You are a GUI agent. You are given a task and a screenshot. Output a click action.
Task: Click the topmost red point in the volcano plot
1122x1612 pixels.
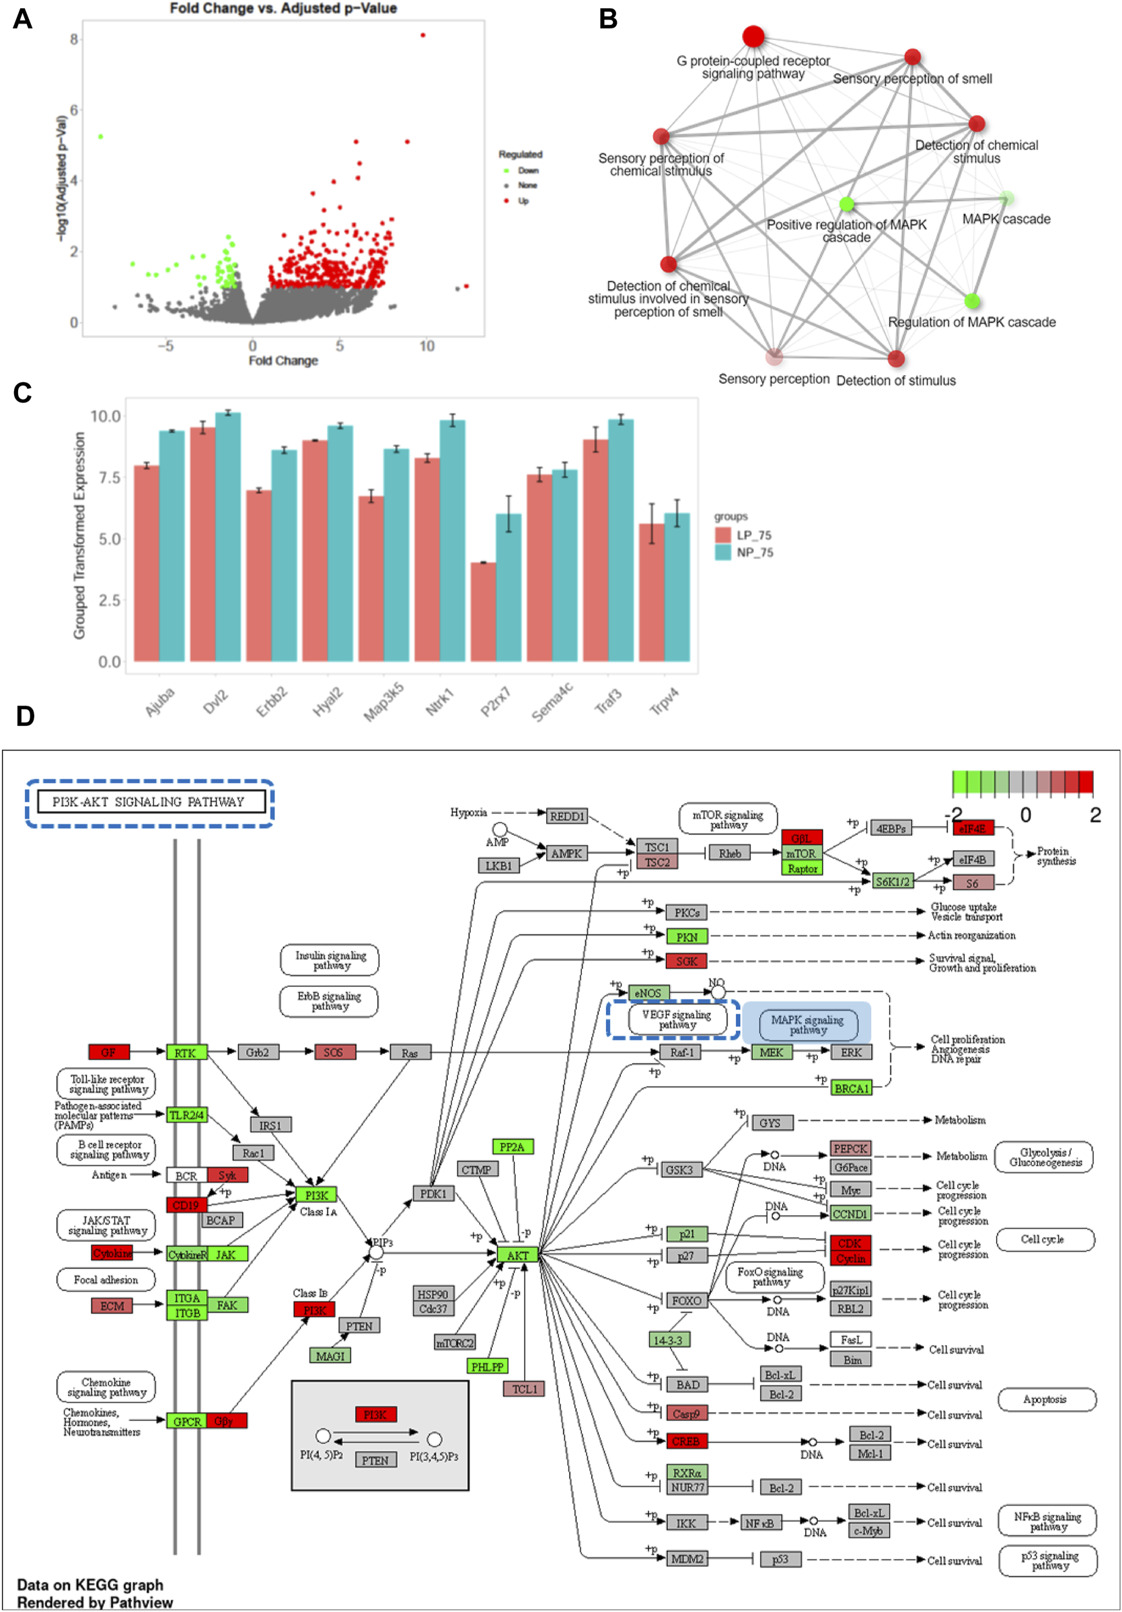click(x=422, y=35)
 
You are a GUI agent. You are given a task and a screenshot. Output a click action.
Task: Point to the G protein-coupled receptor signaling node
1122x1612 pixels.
click(x=753, y=36)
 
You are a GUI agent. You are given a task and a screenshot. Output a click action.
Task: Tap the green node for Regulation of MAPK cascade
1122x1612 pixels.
click(x=972, y=301)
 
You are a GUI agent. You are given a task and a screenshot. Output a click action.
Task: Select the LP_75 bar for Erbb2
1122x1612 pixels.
click(x=258, y=576)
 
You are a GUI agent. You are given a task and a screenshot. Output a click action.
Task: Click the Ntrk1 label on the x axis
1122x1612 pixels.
click(x=440, y=702)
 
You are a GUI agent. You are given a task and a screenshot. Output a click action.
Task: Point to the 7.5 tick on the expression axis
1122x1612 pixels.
click(x=110, y=478)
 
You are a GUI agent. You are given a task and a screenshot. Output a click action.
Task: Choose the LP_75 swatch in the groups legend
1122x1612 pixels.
click(x=723, y=535)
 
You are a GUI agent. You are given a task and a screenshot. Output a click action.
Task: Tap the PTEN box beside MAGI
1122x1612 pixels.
click(x=359, y=1325)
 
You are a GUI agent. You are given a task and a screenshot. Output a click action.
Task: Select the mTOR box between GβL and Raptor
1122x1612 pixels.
click(x=801, y=854)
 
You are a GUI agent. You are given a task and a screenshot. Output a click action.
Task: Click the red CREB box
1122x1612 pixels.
click(x=686, y=1441)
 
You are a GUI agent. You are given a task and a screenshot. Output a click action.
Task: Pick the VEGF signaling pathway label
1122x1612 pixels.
click(x=676, y=1019)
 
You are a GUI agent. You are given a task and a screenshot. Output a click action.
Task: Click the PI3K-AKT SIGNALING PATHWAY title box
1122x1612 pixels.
click(x=149, y=802)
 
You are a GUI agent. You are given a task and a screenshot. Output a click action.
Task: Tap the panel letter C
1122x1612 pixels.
click(x=22, y=392)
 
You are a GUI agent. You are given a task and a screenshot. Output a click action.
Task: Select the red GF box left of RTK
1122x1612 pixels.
click(x=109, y=1052)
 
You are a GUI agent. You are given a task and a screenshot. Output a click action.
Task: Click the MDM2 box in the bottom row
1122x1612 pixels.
click(x=686, y=1560)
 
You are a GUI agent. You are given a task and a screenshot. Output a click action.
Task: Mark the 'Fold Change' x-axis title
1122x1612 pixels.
click(x=283, y=360)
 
